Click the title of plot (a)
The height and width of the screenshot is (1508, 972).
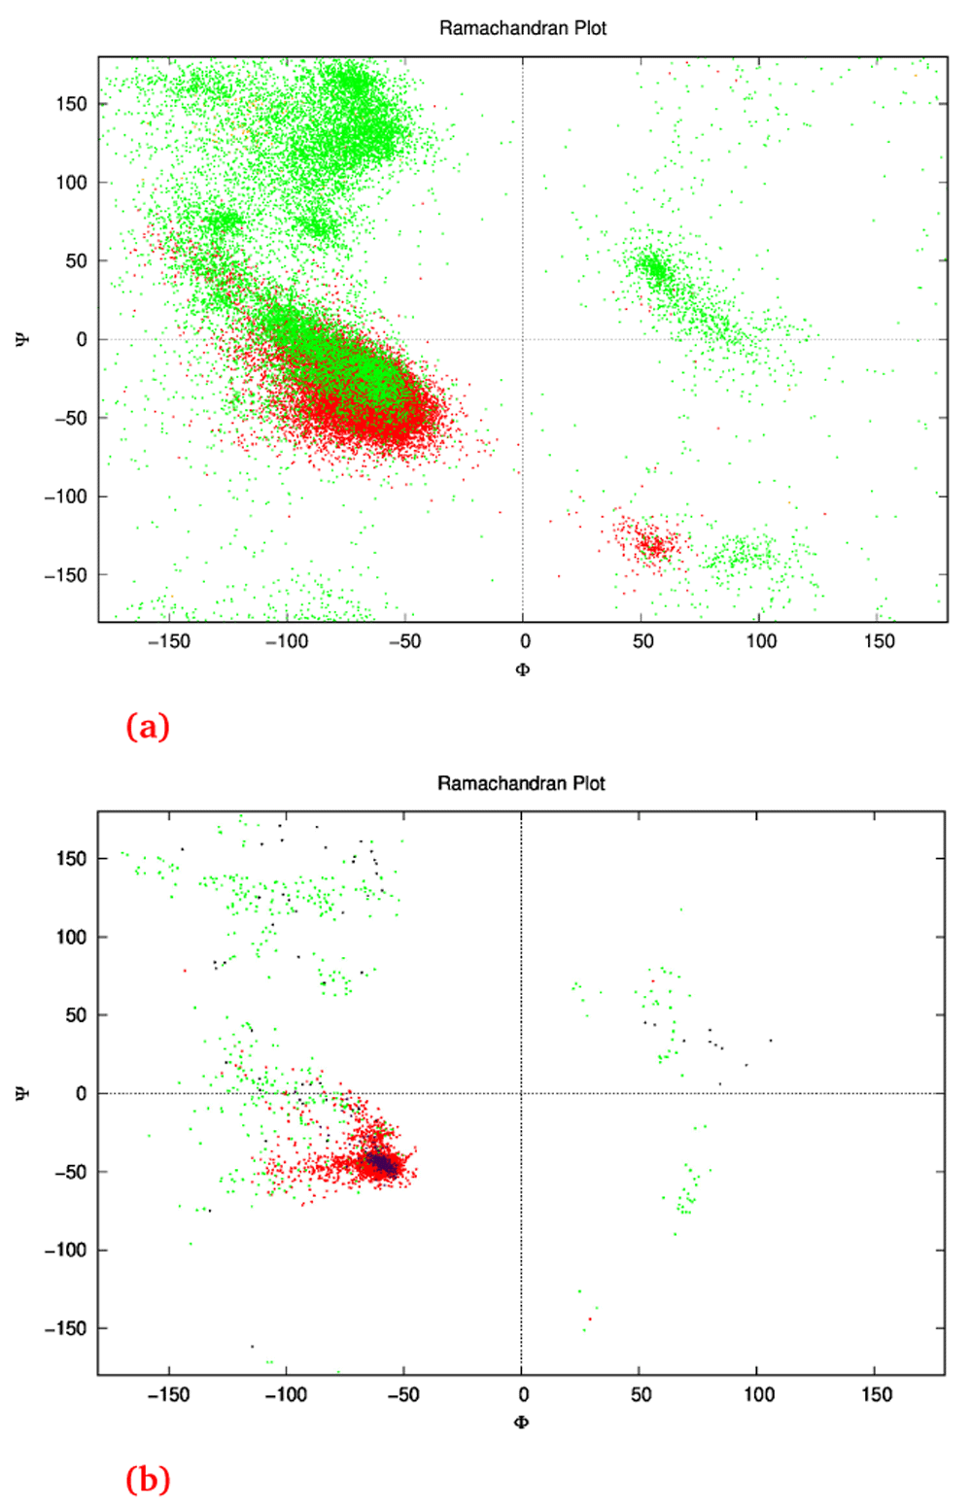click(x=522, y=28)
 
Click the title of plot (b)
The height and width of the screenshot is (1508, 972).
click(x=521, y=783)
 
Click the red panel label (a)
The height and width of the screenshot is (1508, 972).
click(x=148, y=727)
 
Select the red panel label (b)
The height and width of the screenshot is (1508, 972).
click(x=148, y=1480)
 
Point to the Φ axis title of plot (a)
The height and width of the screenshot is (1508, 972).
click(x=523, y=669)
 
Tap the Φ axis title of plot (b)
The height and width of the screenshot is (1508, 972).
click(x=521, y=1423)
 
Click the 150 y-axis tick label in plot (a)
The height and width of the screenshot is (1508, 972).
click(x=70, y=104)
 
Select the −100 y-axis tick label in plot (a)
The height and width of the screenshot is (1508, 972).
click(x=65, y=497)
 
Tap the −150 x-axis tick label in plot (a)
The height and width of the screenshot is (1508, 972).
click(x=168, y=641)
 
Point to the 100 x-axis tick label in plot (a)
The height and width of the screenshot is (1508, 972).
click(x=761, y=641)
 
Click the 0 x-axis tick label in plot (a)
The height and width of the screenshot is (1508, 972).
click(x=525, y=641)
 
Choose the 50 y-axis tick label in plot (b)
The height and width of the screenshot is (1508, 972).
click(x=75, y=1015)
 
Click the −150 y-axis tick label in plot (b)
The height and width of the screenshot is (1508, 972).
click(x=65, y=1328)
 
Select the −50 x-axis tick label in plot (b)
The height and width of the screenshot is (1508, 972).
click(x=402, y=1395)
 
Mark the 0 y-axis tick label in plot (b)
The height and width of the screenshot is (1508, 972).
click(x=81, y=1094)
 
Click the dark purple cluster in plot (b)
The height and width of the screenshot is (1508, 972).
click(x=382, y=1162)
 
